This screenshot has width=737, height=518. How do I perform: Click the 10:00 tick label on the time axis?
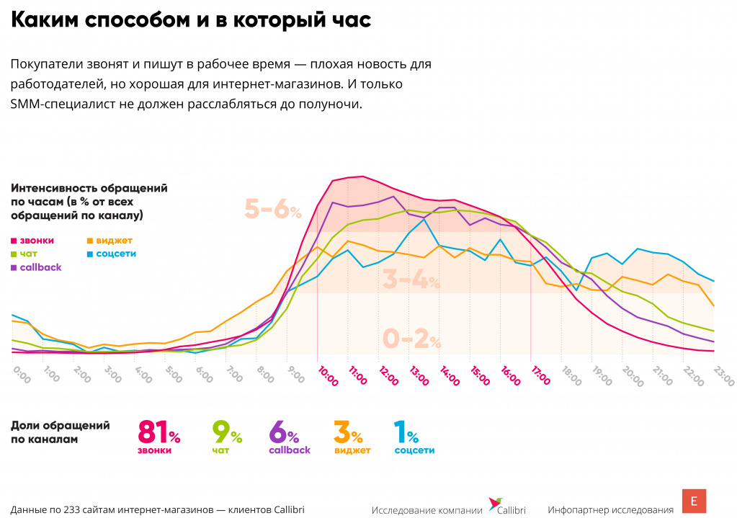(x=328, y=375)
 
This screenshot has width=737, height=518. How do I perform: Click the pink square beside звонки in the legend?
(x=14, y=241)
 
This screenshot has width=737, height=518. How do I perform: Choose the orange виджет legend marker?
(x=89, y=241)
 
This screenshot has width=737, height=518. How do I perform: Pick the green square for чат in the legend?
(x=14, y=254)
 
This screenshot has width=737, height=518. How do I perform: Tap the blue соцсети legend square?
(x=89, y=254)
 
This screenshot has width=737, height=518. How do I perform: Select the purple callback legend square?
(x=14, y=267)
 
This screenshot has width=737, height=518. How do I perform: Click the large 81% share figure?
(x=158, y=432)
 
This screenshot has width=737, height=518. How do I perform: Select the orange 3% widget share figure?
(x=347, y=432)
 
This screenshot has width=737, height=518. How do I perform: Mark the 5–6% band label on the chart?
(x=273, y=210)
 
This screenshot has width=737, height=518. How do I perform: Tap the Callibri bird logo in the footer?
(x=496, y=503)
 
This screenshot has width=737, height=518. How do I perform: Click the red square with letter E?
(x=694, y=501)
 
